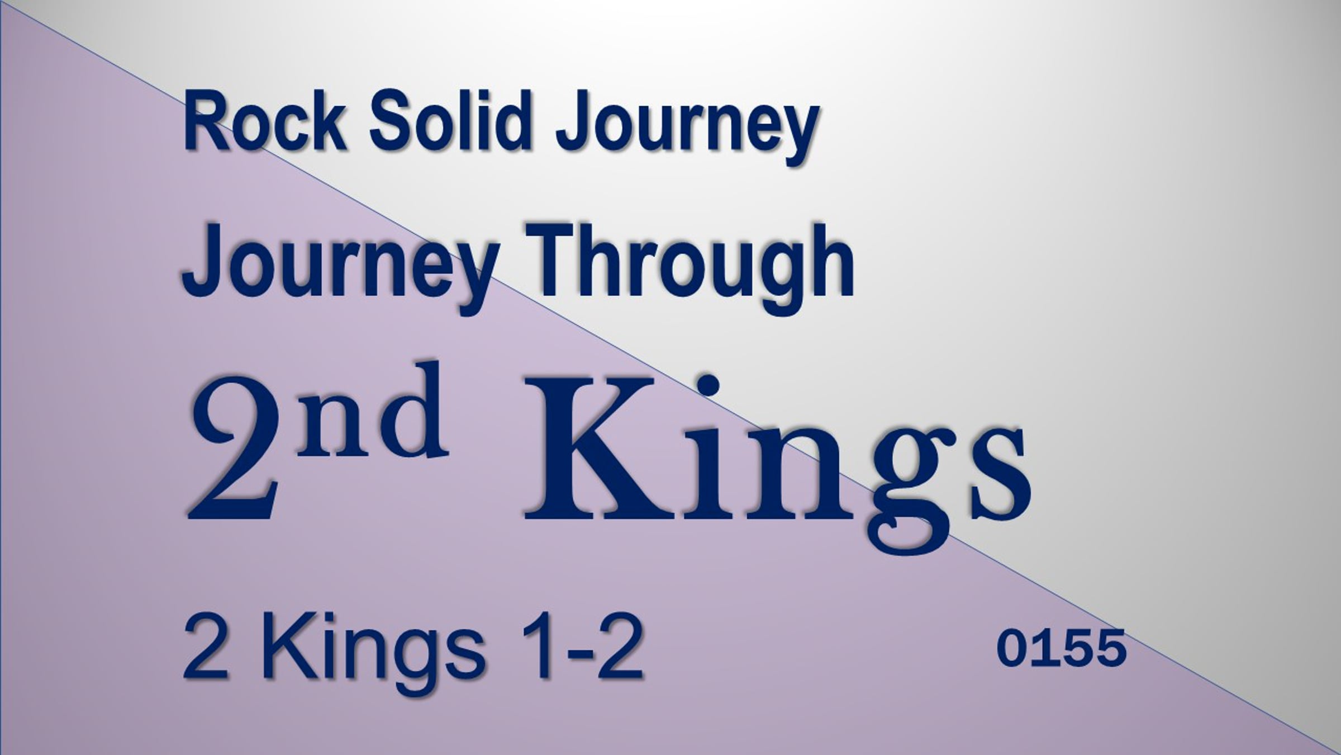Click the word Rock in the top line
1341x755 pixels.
pyautogui.click(x=264, y=121)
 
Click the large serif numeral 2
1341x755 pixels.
pyautogui.click(x=234, y=447)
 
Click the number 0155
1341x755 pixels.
pyautogui.click(x=1061, y=648)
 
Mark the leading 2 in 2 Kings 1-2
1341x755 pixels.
pyautogui.click(x=206, y=646)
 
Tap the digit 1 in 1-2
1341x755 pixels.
pyautogui.click(x=539, y=646)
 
